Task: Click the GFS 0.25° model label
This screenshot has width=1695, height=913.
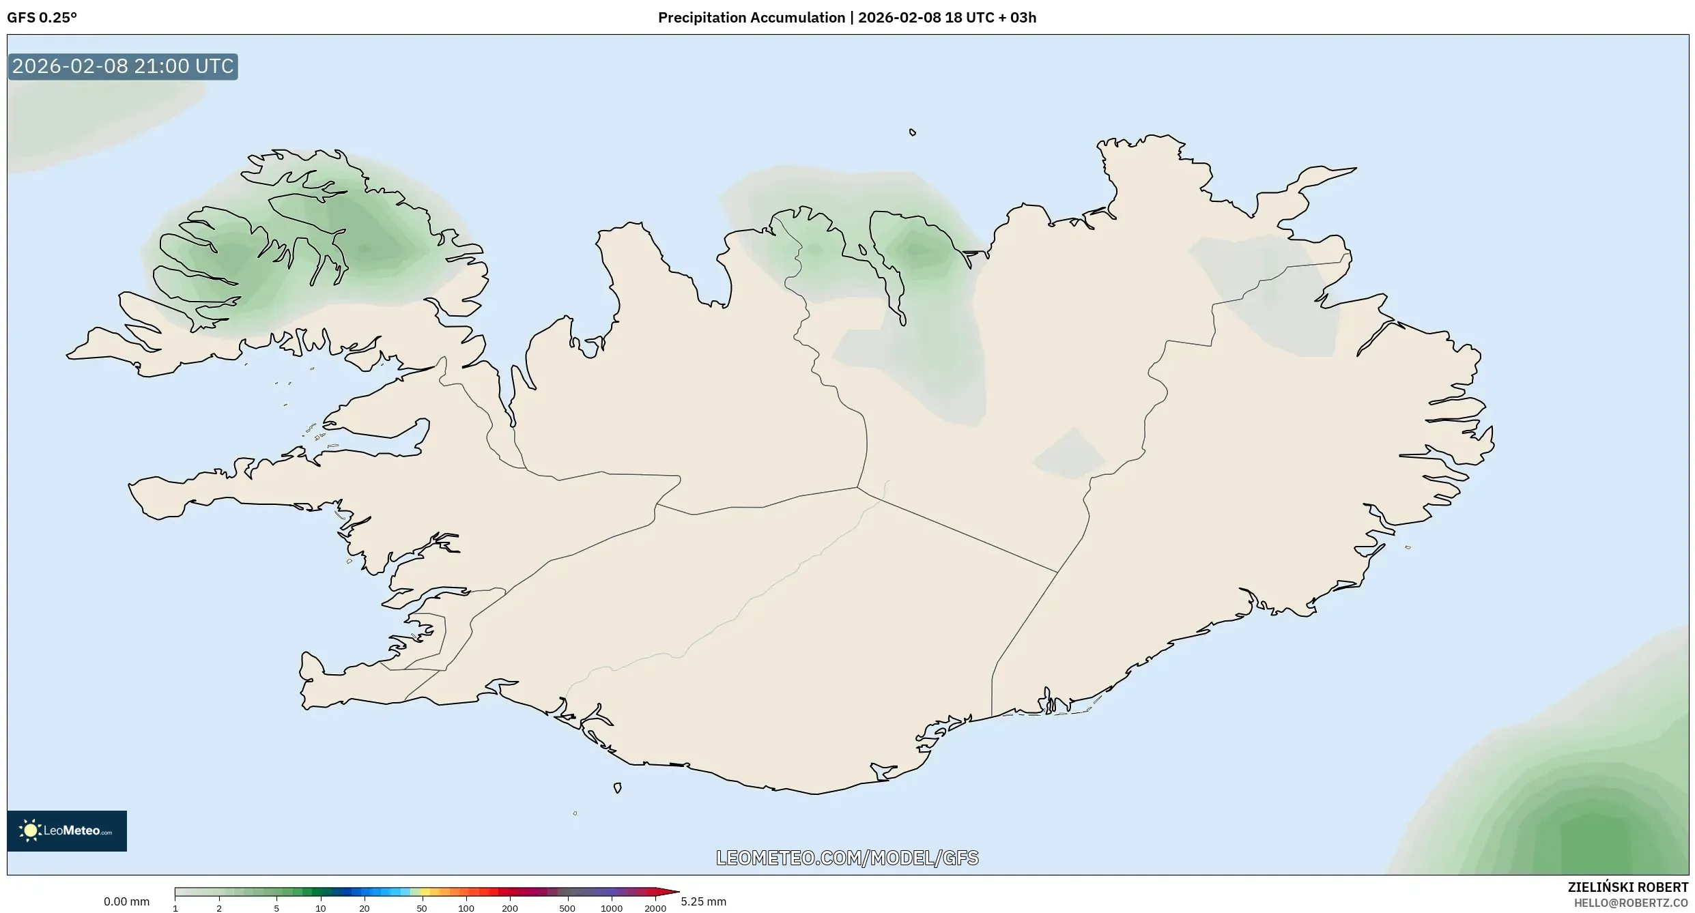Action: point(42,18)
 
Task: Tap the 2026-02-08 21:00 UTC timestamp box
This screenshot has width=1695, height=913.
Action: point(123,66)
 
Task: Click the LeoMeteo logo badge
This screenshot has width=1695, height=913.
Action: point(67,830)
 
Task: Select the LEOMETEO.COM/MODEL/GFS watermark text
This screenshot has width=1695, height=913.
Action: point(847,858)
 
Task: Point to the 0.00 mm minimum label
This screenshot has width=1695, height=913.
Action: point(126,901)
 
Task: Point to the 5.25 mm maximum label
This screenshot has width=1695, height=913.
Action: point(703,901)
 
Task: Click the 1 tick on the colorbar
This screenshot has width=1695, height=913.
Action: point(175,908)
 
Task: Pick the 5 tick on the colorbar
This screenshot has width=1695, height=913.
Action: point(276,908)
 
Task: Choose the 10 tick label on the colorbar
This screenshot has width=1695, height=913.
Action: point(320,908)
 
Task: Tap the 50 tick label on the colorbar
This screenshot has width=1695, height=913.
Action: point(422,908)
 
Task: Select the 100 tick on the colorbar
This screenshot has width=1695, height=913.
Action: point(466,908)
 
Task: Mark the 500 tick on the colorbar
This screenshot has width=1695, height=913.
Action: point(567,908)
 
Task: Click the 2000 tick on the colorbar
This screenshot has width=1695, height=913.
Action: point(655,908)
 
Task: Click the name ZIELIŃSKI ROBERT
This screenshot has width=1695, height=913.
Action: point(1627,887)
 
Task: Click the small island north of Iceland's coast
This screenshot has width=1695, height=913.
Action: point(913,132)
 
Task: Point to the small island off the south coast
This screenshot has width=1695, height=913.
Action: point(617,788)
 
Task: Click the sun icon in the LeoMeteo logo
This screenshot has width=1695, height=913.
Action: point(30,830)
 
